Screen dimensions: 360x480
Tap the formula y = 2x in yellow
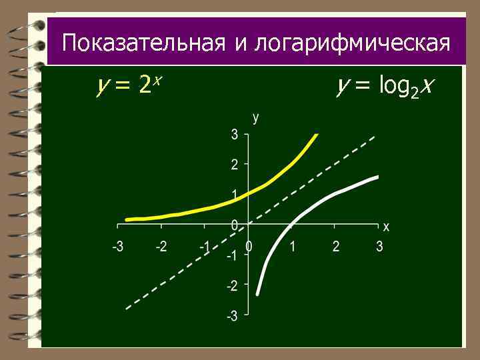coord(130,85)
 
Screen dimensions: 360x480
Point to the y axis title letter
coord(255,118)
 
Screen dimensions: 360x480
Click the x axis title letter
coord(386,227)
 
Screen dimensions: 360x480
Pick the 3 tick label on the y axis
coord(234,134)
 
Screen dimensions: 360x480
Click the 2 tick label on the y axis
coord(234,164)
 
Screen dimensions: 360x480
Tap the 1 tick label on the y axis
coord(234,194)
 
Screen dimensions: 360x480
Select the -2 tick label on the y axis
coord(231,285)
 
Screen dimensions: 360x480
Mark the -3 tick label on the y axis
coord(231,315)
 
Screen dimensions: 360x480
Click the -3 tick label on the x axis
coord(117,247)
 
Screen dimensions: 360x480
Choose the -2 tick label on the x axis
coord(161,247)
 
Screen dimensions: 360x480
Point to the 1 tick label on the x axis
coord(292,247)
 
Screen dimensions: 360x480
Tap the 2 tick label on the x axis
coord(336,247)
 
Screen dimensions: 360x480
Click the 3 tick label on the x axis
coord(379,247)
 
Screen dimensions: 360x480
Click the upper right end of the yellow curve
coord(317,135)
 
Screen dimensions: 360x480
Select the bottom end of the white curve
coord(257,294)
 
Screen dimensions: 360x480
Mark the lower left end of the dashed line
coord(127,309)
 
